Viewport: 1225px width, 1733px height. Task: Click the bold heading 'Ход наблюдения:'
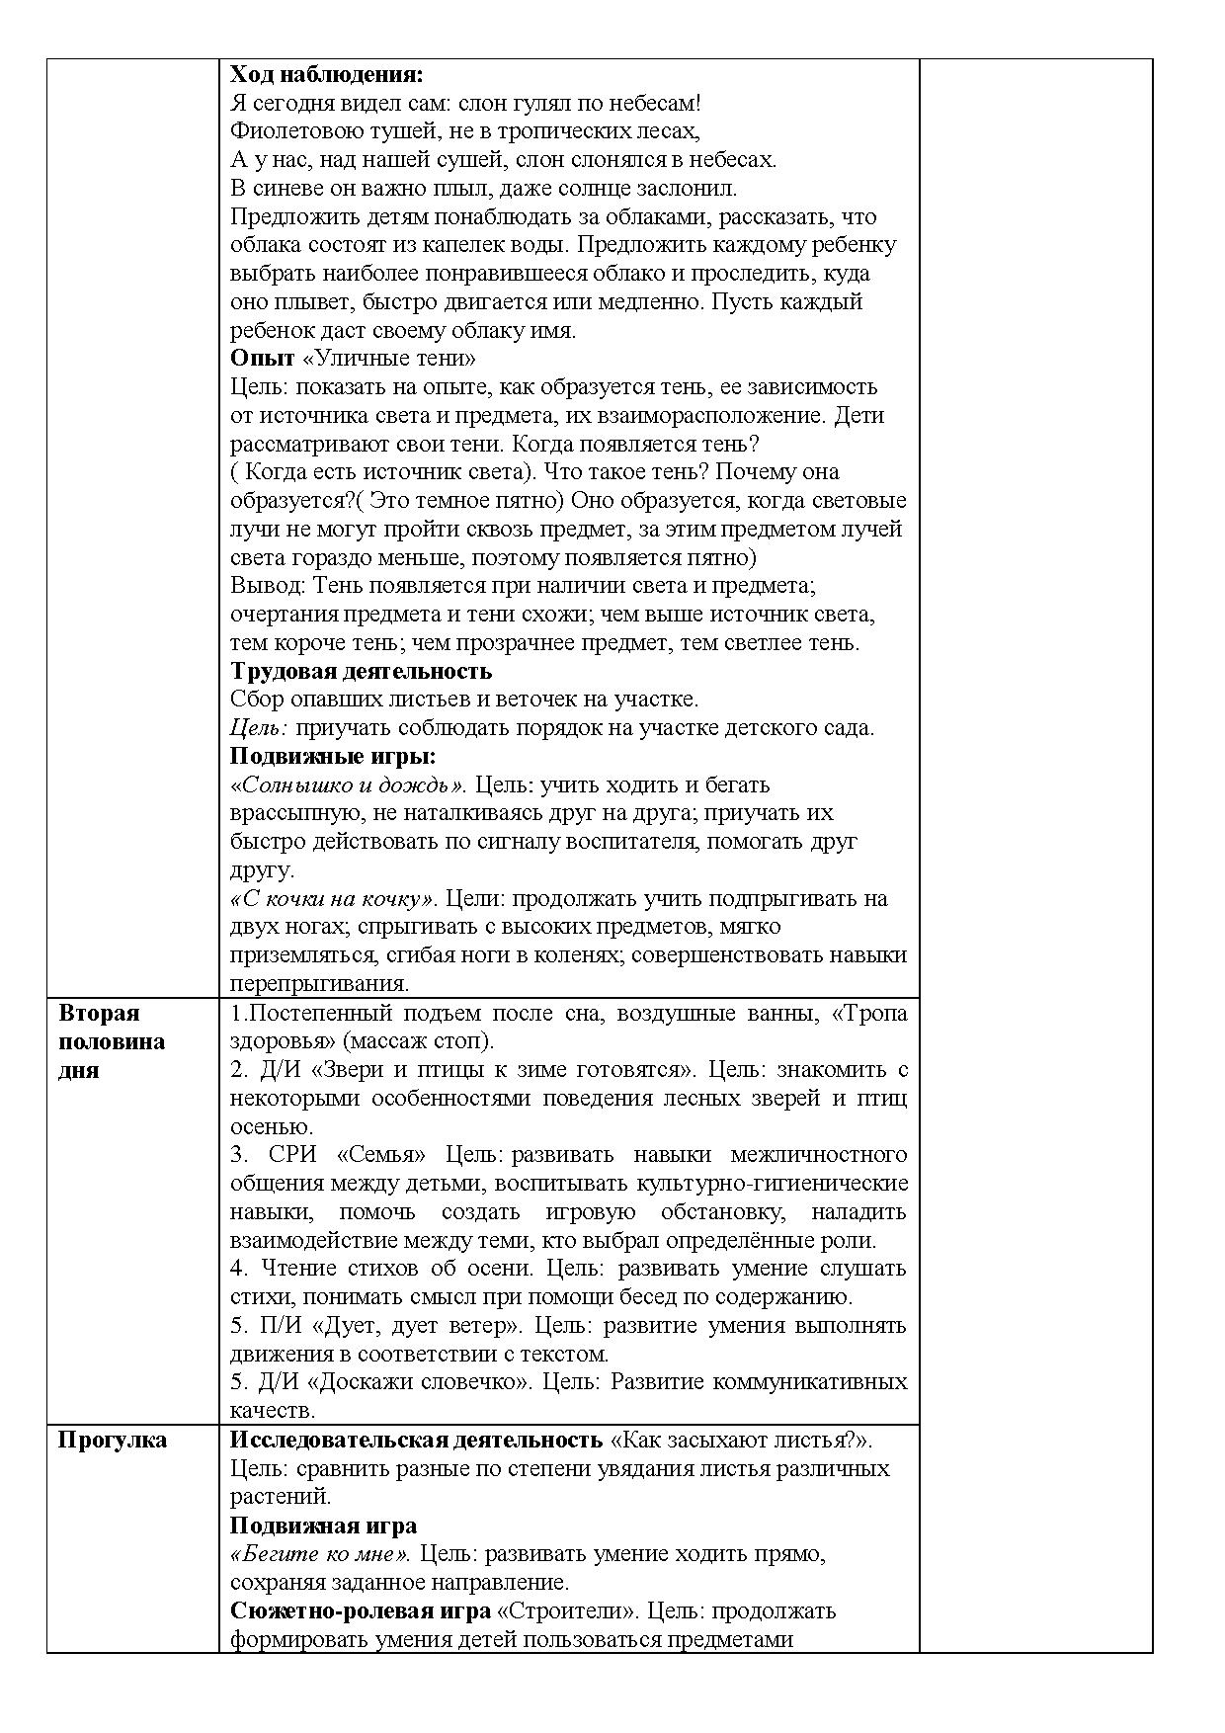(326, 75)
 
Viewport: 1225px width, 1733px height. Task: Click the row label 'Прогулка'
(112, 1440)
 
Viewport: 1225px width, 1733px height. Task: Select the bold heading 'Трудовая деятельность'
(361, 671)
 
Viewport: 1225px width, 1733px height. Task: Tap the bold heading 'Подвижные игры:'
(333, 757)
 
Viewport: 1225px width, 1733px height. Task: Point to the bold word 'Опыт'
(262, 358)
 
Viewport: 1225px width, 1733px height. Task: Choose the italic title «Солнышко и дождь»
(348, 785)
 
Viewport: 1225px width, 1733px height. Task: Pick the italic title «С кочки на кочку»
(332, 899)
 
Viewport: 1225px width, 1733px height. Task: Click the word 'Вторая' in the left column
(99, 1013)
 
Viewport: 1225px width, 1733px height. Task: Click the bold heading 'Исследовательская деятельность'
(416, 1440)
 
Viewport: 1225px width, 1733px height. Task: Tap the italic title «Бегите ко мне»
(320, 1554)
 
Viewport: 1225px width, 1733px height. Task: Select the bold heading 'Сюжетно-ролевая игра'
(361, 1610)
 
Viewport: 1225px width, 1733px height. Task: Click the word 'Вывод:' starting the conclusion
(269, 586)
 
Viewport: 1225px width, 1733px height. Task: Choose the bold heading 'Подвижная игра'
(323, 1526)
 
